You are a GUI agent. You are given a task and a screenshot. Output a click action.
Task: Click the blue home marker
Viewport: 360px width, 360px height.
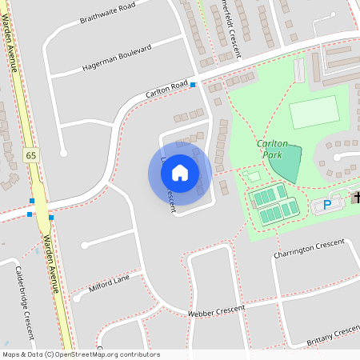pyautogui.click(x=180, y=172)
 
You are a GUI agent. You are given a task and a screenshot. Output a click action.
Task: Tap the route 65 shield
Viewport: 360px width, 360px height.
pyautogui.click(x=31, y=154)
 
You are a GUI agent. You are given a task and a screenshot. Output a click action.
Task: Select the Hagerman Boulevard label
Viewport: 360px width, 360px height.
pyautogui.click(x=117, y=59)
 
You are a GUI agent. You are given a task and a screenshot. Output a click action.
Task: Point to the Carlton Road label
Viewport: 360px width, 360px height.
pyautogui.click(x=166, y=89)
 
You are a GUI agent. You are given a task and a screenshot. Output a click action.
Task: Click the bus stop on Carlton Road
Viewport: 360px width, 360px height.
pyautogui.click(x=194, y=84)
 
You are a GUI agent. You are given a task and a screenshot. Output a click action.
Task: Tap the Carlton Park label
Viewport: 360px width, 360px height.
pyautogui.click(x=272, y=149)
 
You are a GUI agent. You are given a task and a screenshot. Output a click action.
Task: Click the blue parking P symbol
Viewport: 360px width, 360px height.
pyautogui.click(x=326, y=206)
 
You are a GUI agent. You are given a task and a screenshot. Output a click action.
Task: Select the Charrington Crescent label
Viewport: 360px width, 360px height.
pyautogui.click(x=309, y=248)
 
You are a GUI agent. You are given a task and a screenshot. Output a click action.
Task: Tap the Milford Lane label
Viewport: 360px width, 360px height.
pyautogui.click(x=110, y=283)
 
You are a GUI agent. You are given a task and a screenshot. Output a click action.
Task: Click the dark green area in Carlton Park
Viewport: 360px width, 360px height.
pyautogui.click(x=286, y=163)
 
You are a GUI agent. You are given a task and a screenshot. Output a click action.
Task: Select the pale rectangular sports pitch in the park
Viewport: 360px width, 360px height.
pyautogui.click(x=314, y=112)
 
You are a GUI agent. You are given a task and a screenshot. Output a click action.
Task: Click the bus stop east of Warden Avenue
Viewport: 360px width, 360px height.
pyautogui.click(x=51, y=217)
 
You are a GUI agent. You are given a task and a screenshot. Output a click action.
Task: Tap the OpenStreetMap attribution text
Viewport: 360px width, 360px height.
pyautogui.click(x=81, y=354)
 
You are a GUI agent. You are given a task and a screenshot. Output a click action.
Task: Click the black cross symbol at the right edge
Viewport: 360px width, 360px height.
pyautogui.click(x=356, y=198)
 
